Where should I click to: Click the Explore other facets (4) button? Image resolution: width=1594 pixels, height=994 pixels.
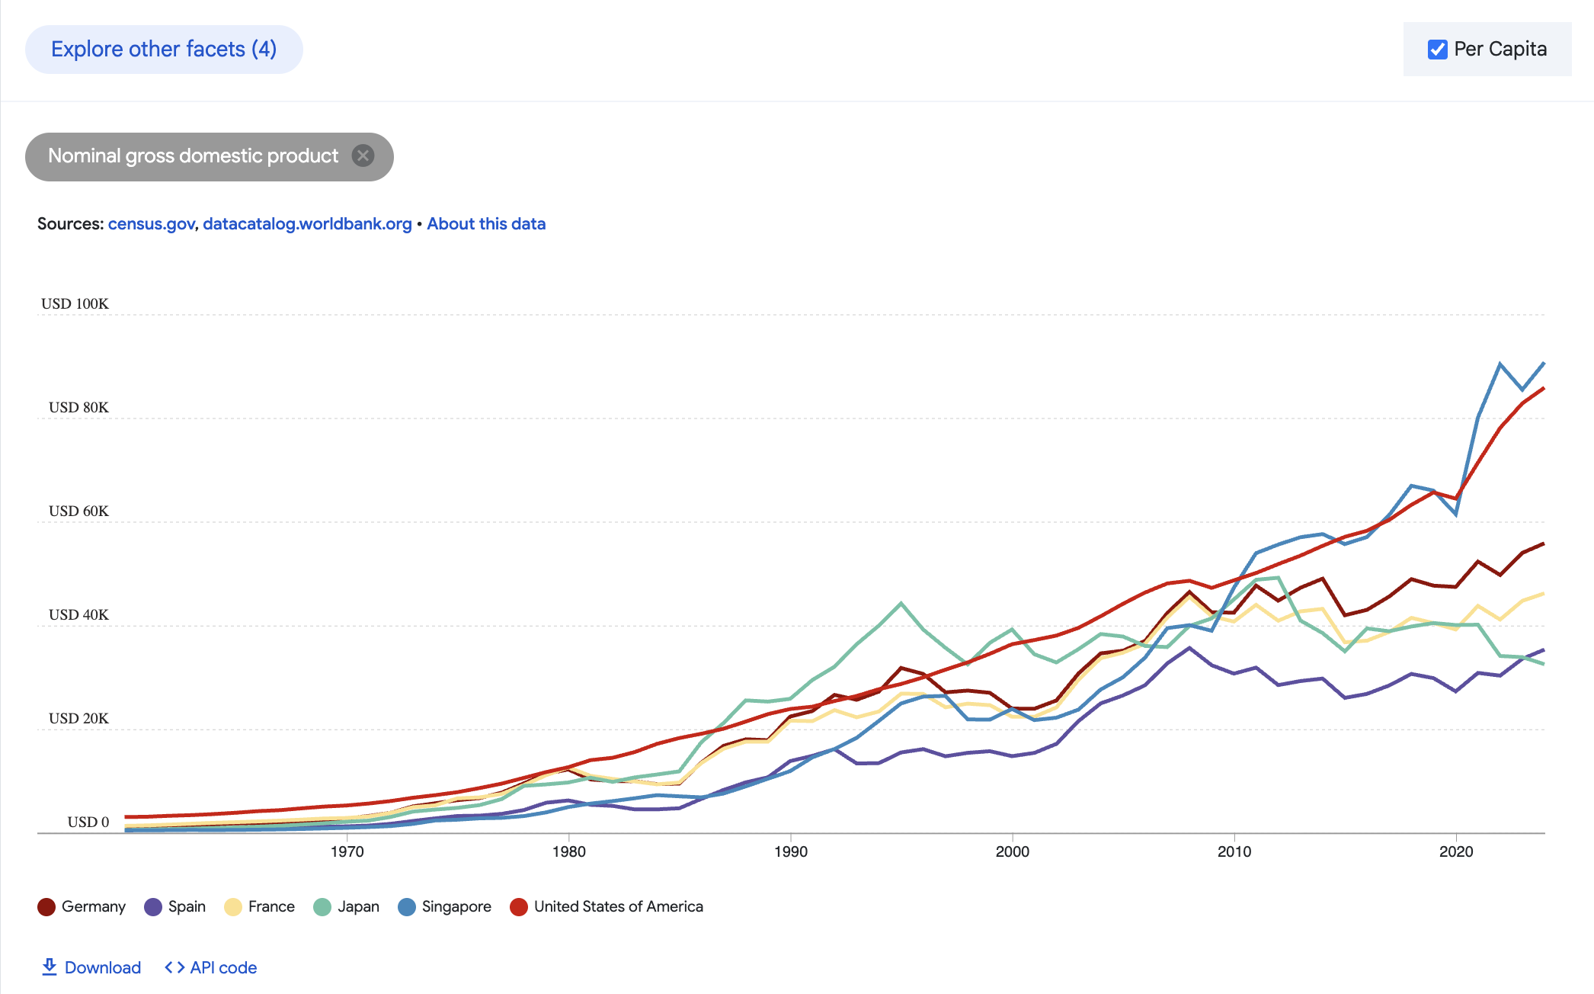(x=164, y=50)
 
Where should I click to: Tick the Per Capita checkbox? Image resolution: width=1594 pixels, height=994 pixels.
(x=1438, y=50)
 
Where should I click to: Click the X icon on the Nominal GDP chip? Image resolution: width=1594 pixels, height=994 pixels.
(x=363, y=156)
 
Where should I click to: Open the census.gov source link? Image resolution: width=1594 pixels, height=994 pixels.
(x=152, y=224)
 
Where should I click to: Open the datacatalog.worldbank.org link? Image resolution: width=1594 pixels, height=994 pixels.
(x=307, y=224)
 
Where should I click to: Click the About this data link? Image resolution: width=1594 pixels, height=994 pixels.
(x=486, y=224)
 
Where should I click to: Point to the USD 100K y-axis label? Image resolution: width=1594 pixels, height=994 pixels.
(x=75, y=303)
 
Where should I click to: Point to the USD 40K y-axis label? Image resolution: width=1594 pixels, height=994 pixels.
(x=78, y=614)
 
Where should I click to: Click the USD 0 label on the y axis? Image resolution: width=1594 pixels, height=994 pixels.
(x=88, y=822)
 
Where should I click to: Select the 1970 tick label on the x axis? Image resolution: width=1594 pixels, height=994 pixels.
(x=347, y=851)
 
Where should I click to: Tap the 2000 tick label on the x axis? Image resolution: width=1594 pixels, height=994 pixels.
(x=1012, y=851)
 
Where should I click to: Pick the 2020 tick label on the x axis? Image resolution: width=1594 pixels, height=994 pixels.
(x=1455, y=851)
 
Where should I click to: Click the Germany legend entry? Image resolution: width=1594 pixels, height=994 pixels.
(x=82, y=906)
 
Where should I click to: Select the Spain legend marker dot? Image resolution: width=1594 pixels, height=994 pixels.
(x=153, y=907)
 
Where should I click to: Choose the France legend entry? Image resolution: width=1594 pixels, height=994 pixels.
(x=260, y=906)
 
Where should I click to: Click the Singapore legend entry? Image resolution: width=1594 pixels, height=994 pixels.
(x=445, y=906)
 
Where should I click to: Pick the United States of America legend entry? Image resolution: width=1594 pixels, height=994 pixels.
(x=607, y=906)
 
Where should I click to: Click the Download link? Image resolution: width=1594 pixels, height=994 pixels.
(x=91, y=967)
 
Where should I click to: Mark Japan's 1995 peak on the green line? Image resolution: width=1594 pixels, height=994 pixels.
(x=901, y=604)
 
